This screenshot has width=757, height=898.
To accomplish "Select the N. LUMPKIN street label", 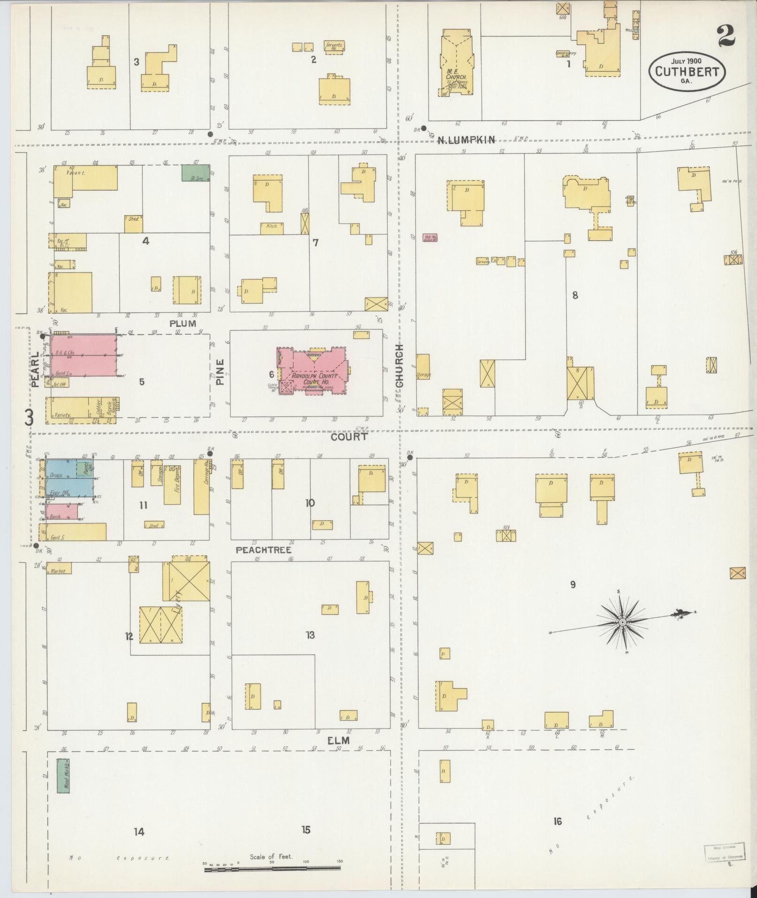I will click(466, 139).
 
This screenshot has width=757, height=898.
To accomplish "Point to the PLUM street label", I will click(183, 323).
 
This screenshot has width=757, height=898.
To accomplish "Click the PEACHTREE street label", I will click(263, 550).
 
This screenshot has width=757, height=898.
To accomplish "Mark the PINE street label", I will click(221, 372).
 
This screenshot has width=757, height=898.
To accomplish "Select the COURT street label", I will click(349, 437).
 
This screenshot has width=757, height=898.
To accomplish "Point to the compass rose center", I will click(622, 622).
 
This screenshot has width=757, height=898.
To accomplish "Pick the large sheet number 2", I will click(726, 36).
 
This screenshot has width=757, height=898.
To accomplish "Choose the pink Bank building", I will click(61, 512).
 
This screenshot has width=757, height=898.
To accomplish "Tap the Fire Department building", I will click(172, 485).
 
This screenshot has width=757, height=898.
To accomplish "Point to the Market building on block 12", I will click(59, 568).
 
